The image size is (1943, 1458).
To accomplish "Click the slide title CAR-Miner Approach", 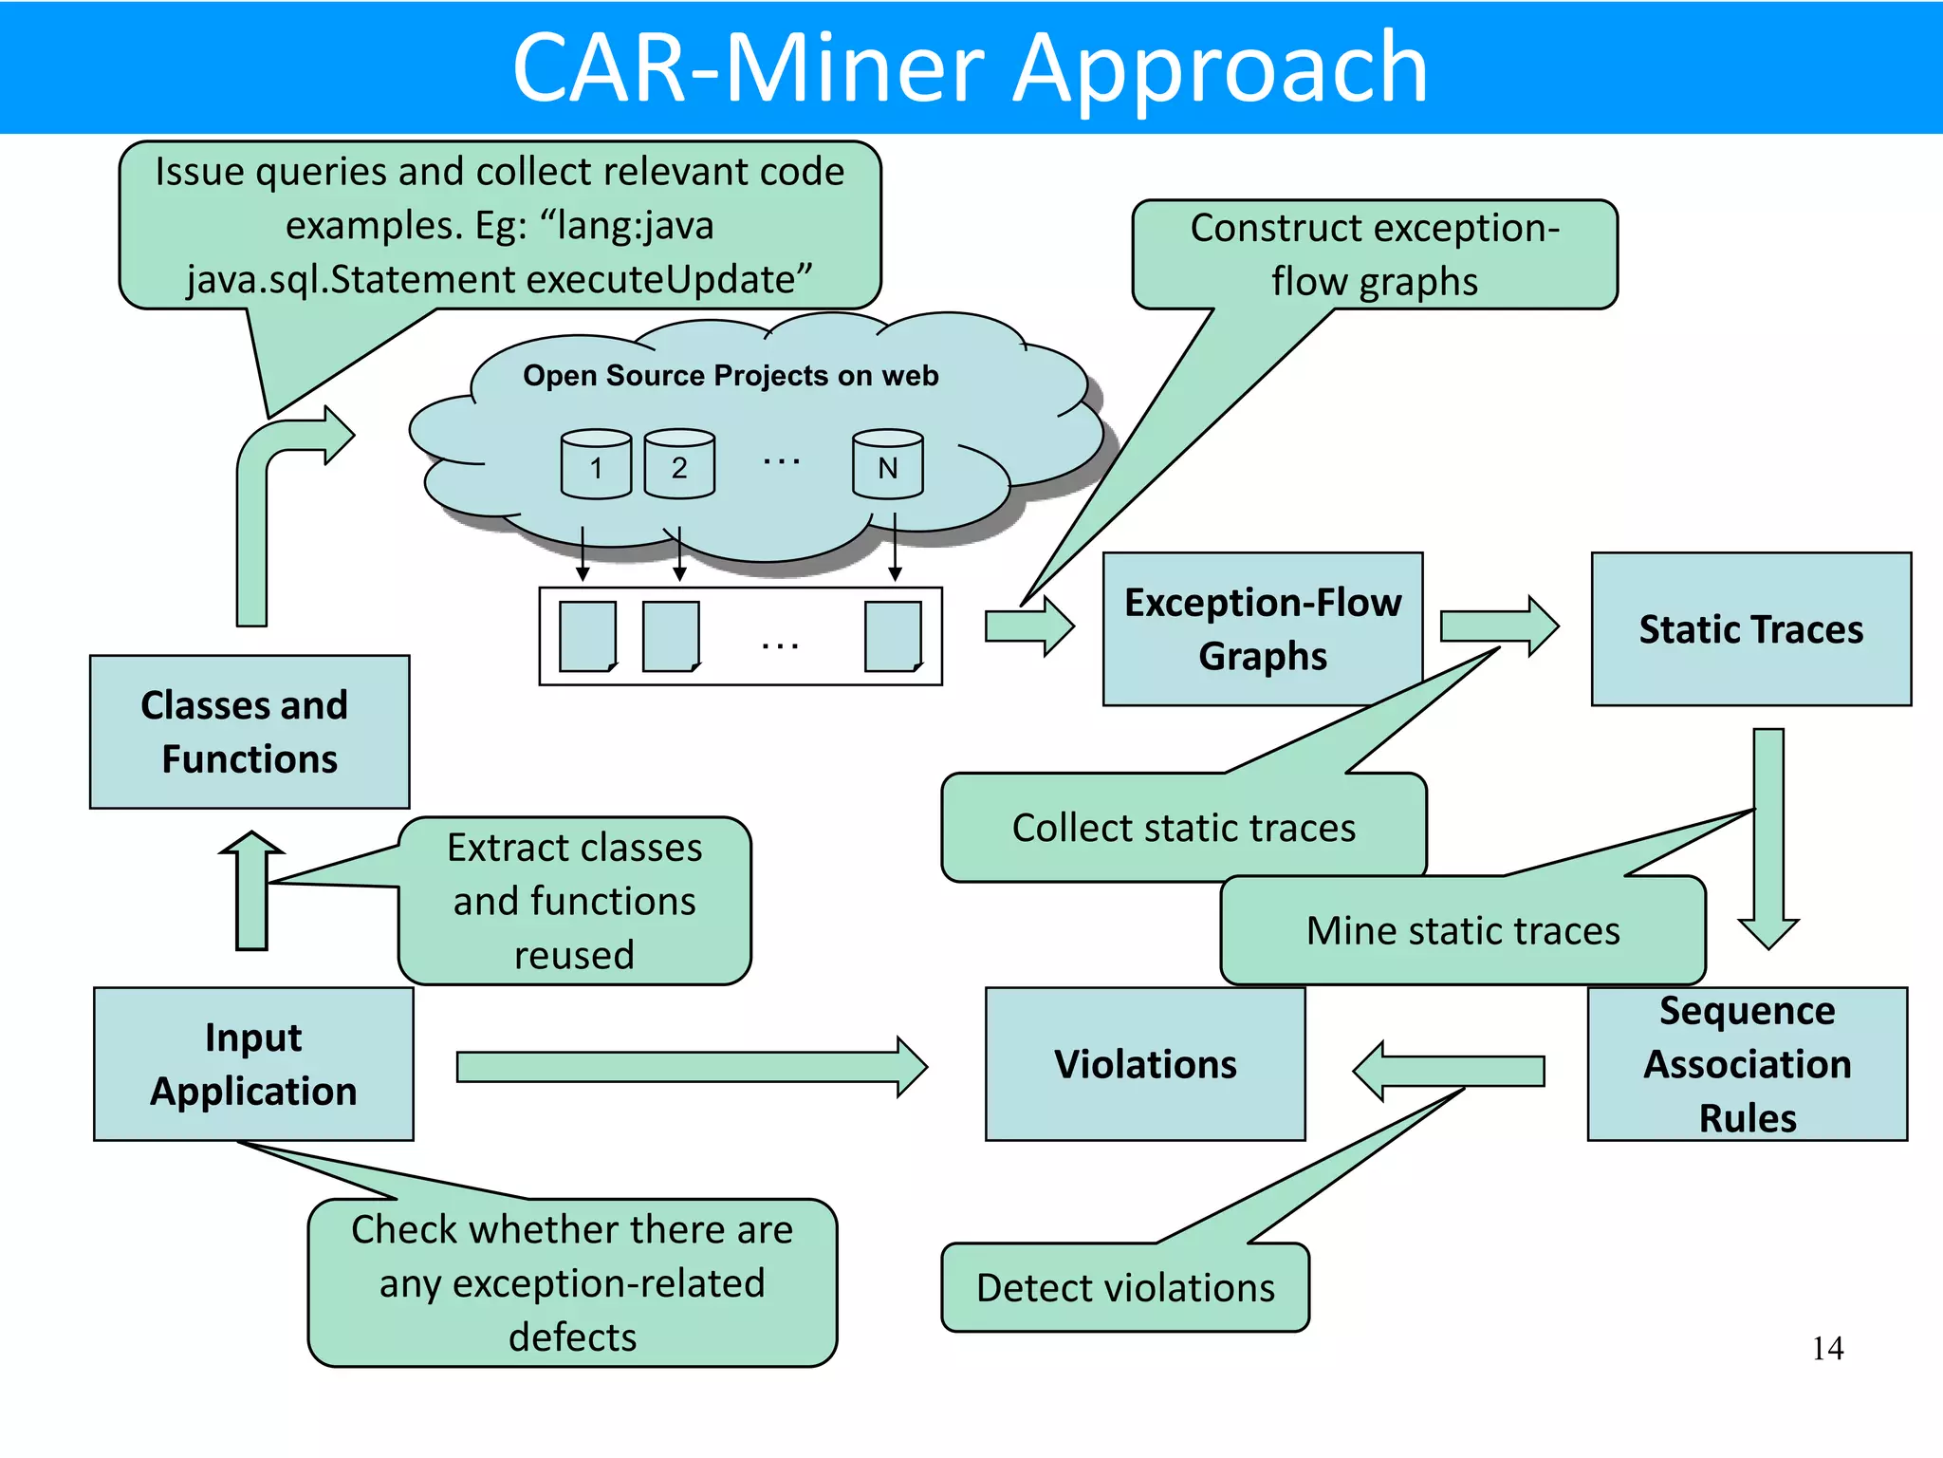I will click(970, 68).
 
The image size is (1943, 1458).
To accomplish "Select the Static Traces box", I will click(1750, 629).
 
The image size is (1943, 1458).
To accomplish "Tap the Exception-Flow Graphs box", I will click(1262, 629).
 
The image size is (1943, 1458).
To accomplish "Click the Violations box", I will click(1145, 1064).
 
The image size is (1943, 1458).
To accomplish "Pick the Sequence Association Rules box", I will click(1747, 1064).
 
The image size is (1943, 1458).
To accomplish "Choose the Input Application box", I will click(253, 1064).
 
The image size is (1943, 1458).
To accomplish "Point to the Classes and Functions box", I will click(250, 732).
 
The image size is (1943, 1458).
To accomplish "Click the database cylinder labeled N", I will click(887, 464).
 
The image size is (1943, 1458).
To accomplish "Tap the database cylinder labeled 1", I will click(596, 464).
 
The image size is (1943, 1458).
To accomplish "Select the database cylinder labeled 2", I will click(679, 464).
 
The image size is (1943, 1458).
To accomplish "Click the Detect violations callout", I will click(1125, 1288).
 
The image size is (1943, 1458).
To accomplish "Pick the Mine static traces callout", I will click(1462, 931).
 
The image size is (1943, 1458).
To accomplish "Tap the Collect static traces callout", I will click(1183, 828).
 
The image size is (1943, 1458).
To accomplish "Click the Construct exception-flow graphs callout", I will click(1374, 254).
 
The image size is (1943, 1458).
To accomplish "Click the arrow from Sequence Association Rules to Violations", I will click(1449, 1071).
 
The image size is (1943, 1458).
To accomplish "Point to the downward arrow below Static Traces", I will click(1768, 835).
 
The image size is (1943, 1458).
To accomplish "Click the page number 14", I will click(1827, 1349).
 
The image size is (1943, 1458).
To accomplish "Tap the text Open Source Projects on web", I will click(731, 376).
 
